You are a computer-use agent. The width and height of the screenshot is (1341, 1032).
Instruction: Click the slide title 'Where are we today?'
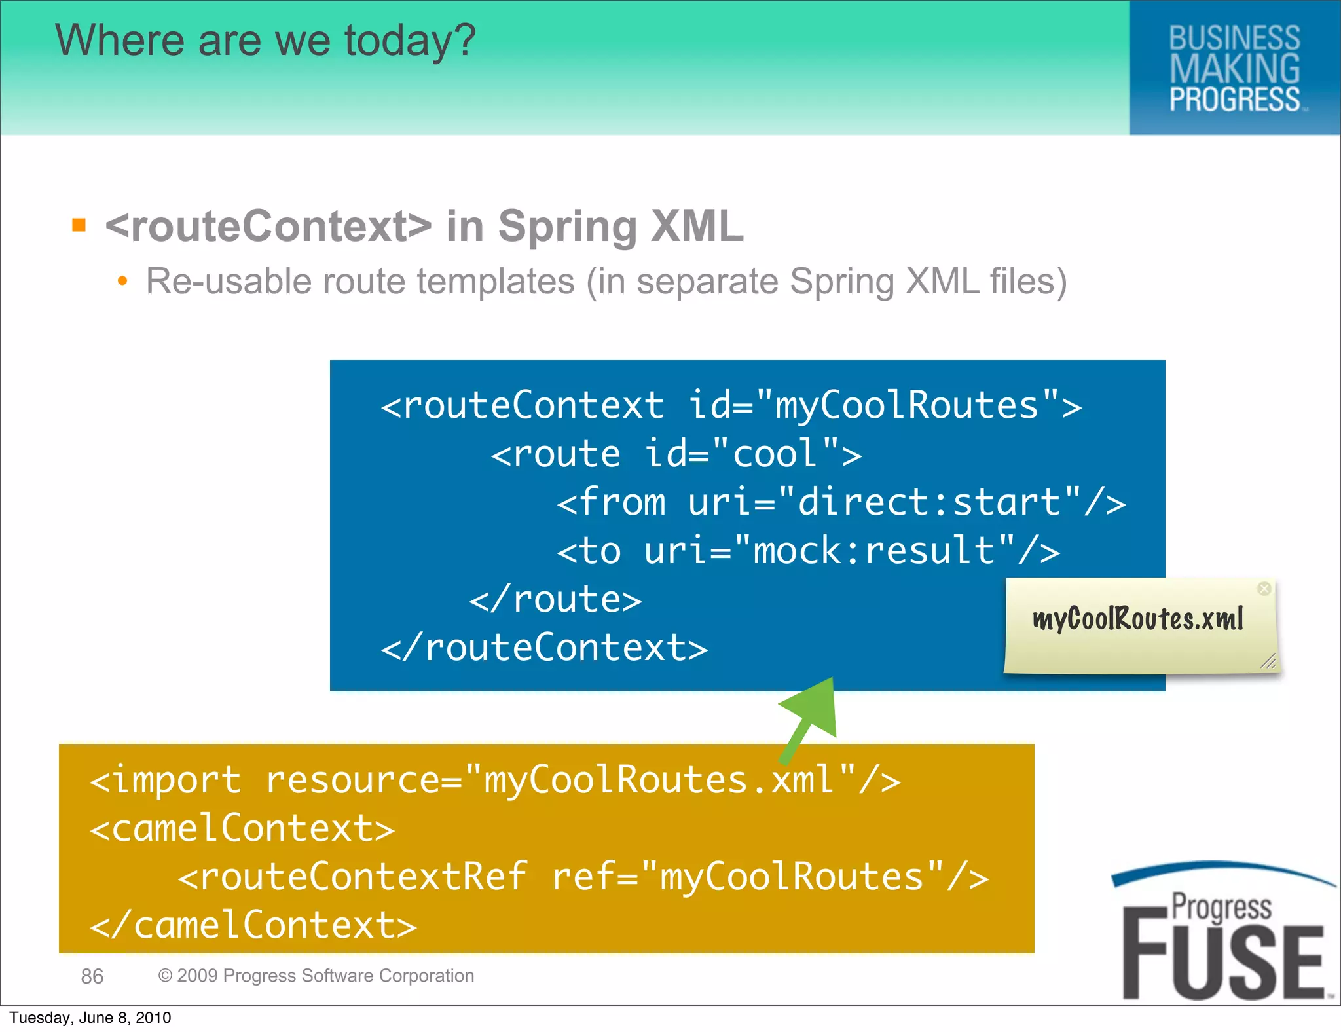point(265,41)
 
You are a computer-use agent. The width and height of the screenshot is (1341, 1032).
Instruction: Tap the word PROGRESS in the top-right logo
point(1234,100)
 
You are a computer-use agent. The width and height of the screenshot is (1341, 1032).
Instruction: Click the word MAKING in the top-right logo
point(1234,69)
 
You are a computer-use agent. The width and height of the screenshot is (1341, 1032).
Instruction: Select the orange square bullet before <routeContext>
point(79,225)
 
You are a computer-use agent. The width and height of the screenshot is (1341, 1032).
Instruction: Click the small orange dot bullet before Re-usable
point(122,282)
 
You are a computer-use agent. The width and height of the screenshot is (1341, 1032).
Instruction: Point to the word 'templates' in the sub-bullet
point(496,282)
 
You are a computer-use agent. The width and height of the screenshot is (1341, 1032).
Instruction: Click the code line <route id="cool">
point(676,454)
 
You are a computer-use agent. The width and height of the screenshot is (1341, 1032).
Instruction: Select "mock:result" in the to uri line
point(873,551)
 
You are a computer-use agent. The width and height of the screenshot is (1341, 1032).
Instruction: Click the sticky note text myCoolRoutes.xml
point(1137,619)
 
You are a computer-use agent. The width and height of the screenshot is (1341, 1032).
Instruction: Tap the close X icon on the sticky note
point(1264,589)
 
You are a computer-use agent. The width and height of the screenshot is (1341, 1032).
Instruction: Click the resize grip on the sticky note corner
point(1269,662)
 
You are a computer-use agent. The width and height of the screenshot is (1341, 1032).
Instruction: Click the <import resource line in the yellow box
point(495,780)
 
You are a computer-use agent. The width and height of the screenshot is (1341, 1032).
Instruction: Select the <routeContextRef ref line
point(583,877)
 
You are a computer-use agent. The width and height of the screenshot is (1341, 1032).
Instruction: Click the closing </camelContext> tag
point(253,925)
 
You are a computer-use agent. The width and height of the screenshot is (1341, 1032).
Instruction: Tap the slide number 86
point(92,976)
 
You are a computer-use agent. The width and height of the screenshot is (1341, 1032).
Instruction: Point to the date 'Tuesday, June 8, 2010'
point(90,1018)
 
